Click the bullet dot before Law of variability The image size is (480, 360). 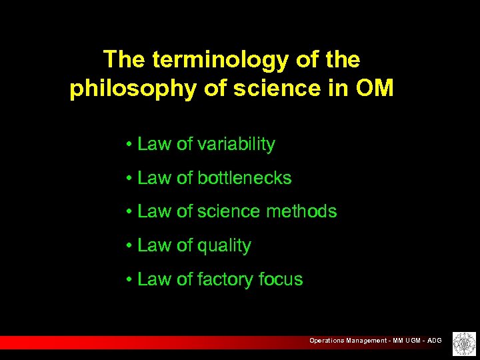tap(127, 145)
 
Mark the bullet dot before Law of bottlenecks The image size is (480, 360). tap(127, 179)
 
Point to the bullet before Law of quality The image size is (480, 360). tap(127, 246)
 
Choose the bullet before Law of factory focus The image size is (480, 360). tap(127, 280)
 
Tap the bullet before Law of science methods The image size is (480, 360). tap(127, 212)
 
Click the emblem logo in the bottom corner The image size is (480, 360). tap(461, 343)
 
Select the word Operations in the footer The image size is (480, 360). tap(327, 341)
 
